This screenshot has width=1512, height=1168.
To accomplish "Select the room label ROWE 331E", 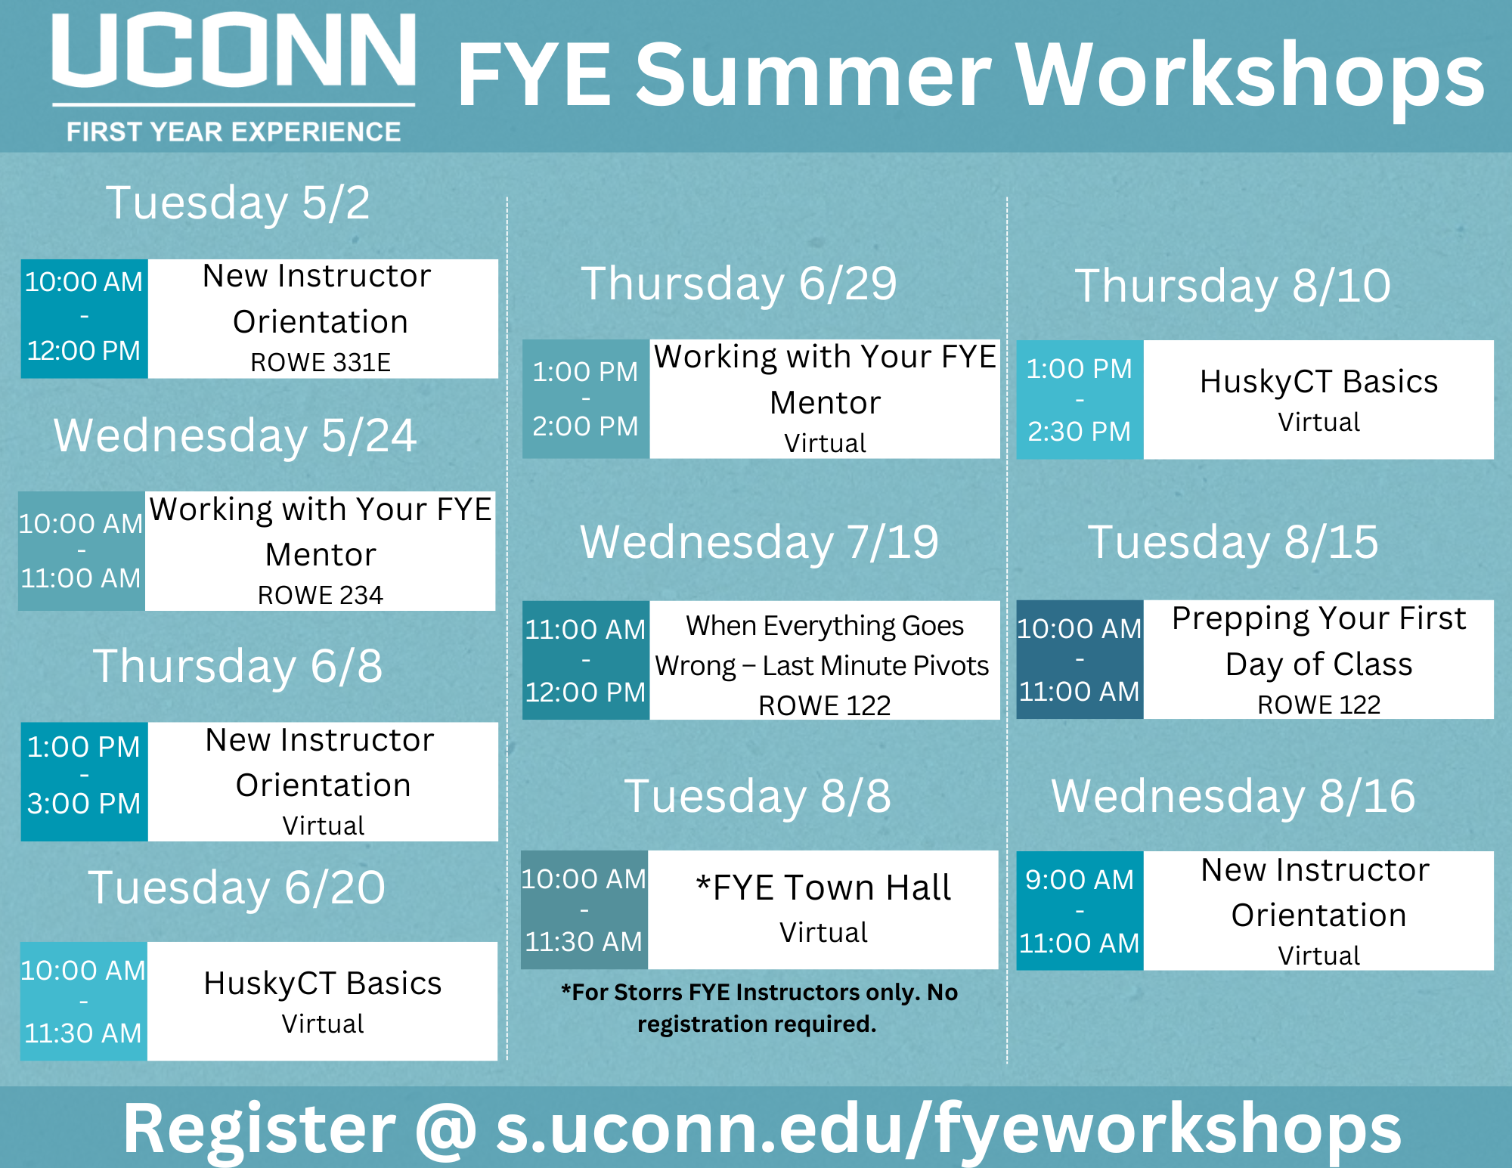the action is click(321, 362).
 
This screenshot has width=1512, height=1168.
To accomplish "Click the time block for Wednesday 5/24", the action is click(82, 551).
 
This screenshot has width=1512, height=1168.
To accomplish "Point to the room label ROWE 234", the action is click(321, 595).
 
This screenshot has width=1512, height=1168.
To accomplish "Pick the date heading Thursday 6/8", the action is click(237, 666).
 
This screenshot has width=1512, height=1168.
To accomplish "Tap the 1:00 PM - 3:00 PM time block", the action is click(84, 782).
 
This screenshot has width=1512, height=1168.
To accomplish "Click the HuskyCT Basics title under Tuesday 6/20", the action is click(323, 984).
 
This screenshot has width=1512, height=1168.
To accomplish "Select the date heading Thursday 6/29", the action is click(739, 283).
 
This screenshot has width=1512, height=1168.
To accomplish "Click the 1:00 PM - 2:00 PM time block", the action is click(586, 399).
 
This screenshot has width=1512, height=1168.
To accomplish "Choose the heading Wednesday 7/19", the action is click(759, 542).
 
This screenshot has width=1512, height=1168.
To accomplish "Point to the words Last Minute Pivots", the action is click(875, 665).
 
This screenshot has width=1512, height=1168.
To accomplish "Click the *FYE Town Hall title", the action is click(823, 888).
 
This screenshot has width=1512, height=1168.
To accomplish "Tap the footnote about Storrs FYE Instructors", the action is click(759, 1008).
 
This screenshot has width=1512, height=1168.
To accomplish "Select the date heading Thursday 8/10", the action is click(1233, 286).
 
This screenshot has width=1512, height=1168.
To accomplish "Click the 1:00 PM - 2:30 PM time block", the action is click(1080, 400).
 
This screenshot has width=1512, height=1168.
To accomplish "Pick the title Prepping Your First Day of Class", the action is click(1319, 641).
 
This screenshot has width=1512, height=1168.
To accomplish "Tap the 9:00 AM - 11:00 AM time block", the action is click(1080, 911).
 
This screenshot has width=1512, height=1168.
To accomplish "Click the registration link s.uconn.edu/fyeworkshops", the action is click(949, 1129).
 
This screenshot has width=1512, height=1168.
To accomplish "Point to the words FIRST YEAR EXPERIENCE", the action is click(234, 132).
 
